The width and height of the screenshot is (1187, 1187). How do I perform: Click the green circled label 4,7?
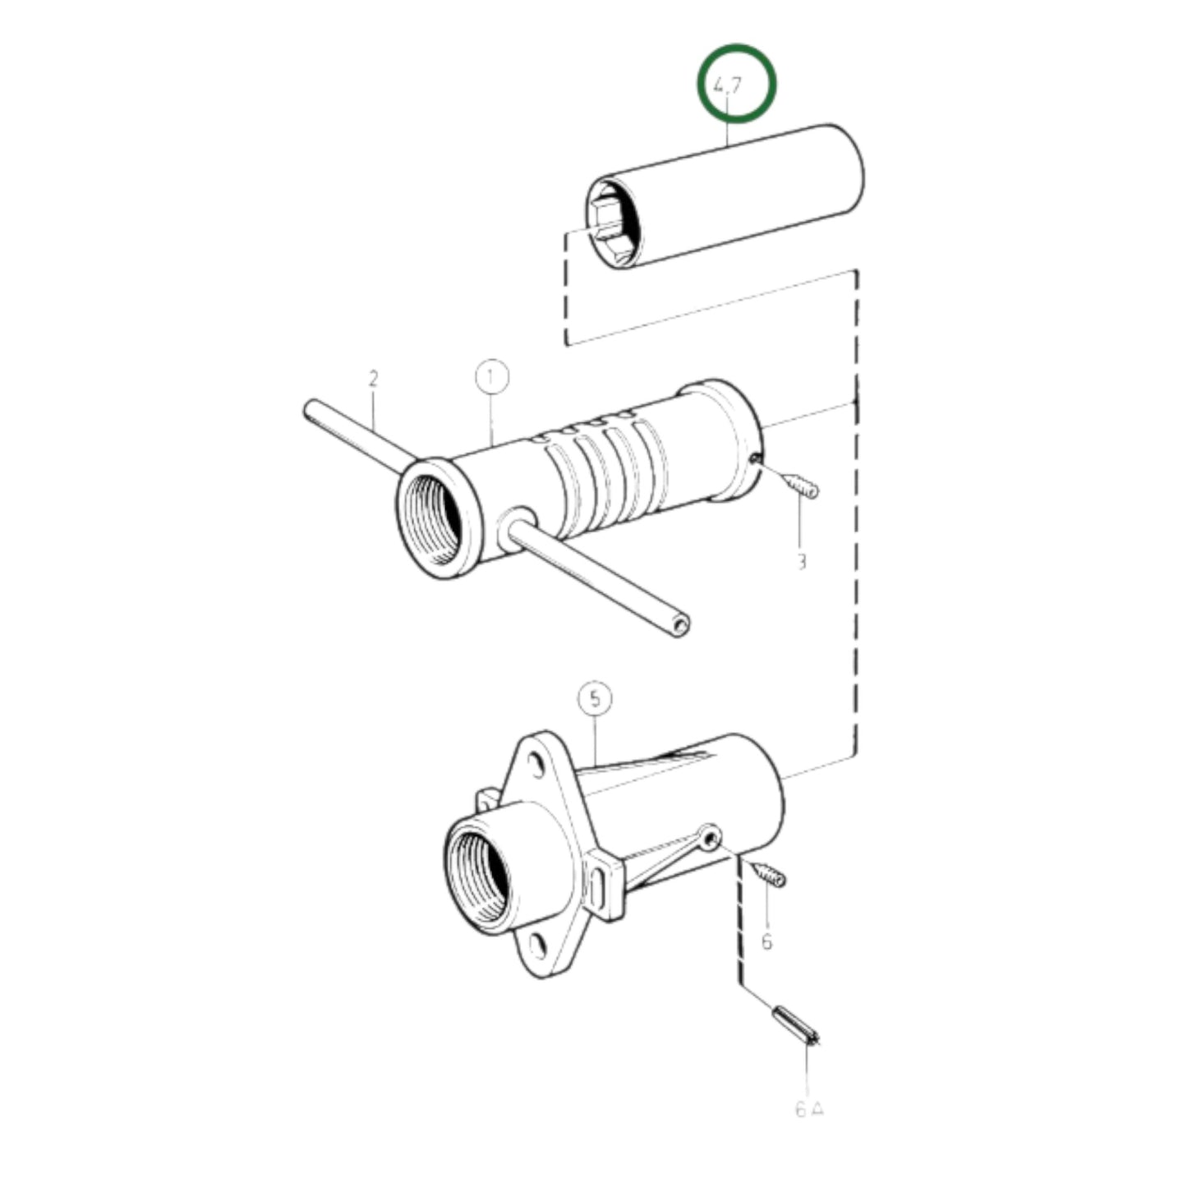(736, 84)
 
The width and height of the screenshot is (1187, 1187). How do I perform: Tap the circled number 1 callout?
(492, 378)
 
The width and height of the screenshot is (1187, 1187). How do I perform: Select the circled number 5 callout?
(595, 699)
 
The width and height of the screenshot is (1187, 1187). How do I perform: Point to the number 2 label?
(374, 380)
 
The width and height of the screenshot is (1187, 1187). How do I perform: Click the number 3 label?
(802, 562)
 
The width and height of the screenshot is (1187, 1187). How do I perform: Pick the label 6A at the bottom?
(809, 1110)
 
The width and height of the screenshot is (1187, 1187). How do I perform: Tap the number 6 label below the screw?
(766, 941)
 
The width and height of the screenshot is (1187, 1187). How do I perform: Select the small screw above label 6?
(769, 874)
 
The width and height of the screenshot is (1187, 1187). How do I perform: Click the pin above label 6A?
(794, 1024)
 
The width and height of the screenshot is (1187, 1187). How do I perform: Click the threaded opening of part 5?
(478, 876)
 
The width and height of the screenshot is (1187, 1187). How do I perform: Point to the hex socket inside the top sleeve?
(610, 220)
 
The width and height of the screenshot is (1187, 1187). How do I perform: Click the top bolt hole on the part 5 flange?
(536, 766)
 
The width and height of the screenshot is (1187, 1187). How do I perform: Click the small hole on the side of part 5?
(711, 837)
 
